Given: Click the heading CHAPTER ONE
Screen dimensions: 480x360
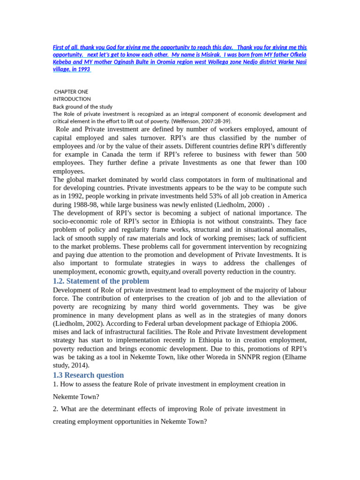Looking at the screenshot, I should coord(71,92).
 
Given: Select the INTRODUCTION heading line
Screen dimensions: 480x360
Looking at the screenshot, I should coord(72,99).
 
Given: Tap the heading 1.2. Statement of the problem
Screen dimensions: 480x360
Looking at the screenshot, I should coord(101,281).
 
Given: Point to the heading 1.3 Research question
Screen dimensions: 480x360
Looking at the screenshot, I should coord(88,375).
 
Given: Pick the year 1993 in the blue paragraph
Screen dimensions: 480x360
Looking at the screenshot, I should coord(83,69).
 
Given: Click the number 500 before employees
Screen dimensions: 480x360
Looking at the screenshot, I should coord(301,154).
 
